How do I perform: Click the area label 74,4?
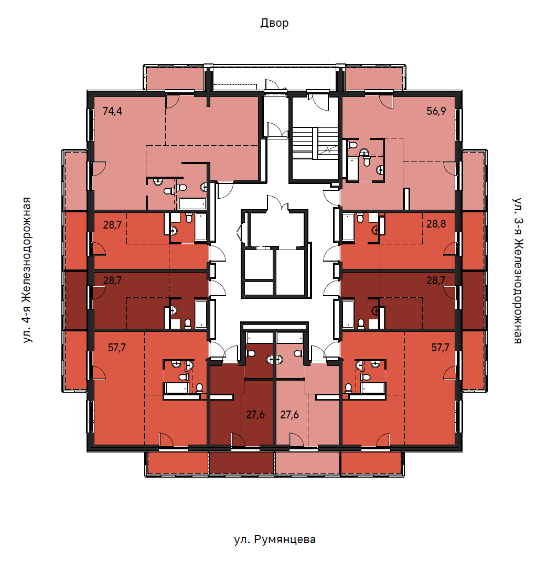tap(112, 111)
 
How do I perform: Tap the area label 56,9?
tap(436, 111)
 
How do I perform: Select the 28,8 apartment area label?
tap(436, 224)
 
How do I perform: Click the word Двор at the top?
tap(274, 23)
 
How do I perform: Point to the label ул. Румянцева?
tap(275, 539)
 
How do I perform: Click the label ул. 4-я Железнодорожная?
tap(27, 270)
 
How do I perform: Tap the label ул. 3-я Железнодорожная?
tap(518, 271)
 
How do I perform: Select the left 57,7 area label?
tap(117, 348)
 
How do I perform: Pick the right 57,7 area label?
tap(440, 348)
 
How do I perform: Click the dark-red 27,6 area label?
tap(255, 415)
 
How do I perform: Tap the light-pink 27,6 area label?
tap(289, 415)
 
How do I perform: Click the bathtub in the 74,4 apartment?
tap(192, 203)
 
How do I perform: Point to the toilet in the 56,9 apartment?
tap(352, 145)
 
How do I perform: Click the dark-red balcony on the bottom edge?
tap(241, 463)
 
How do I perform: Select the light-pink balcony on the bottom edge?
tap(307, 463)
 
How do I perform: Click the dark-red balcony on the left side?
tap(76, 300)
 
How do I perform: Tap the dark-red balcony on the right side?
tap(473, 300)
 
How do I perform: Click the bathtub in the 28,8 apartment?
tap(348, 227)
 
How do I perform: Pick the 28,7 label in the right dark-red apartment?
tap(436, 280)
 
